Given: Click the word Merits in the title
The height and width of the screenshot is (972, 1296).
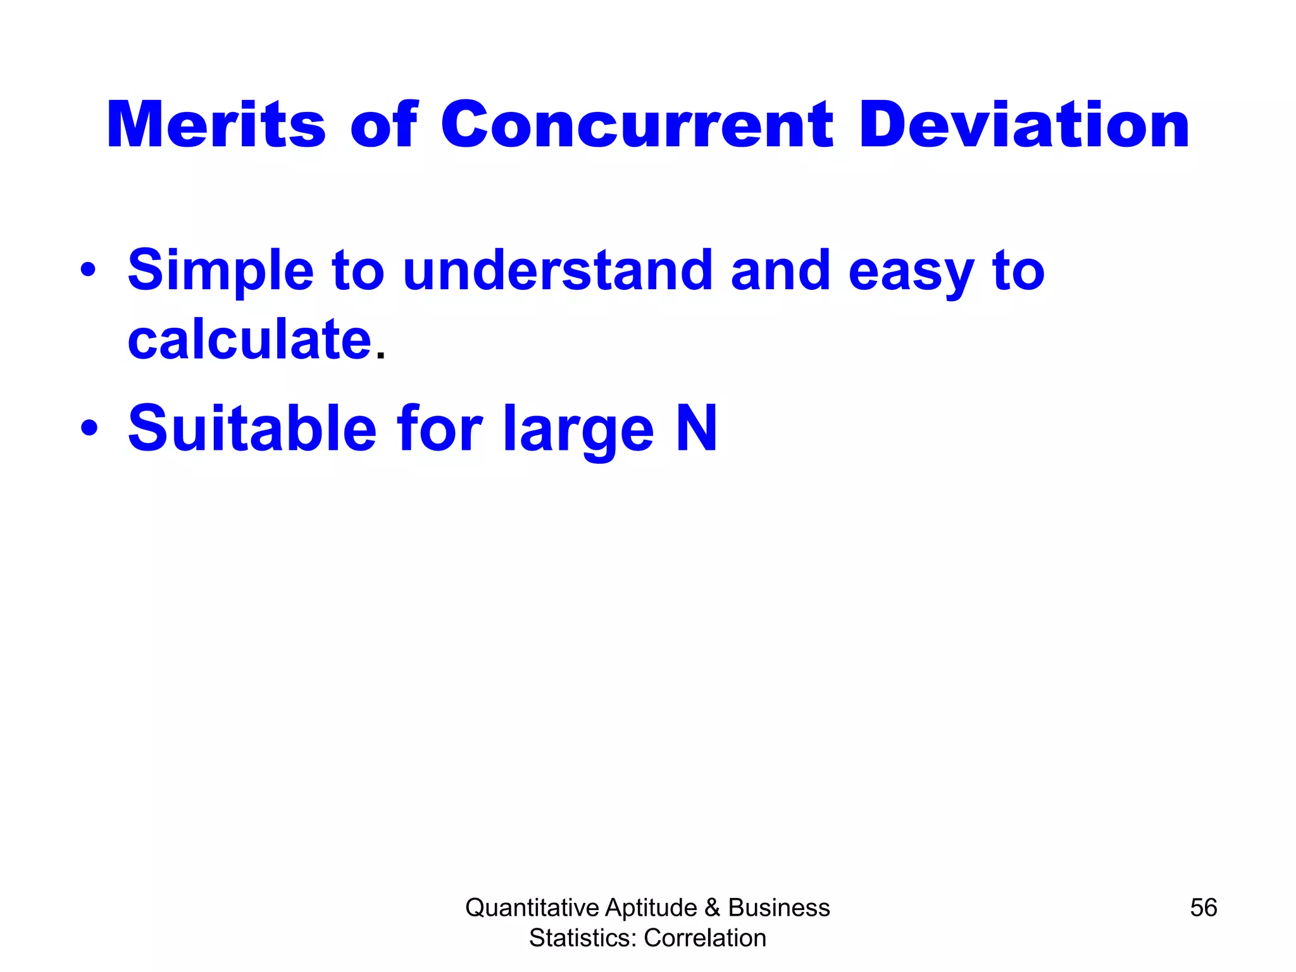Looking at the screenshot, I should click(216, 125).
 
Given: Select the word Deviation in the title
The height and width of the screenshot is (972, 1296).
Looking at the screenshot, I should click(1025, 125).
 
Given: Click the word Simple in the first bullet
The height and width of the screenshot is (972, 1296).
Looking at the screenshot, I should click(221, 271).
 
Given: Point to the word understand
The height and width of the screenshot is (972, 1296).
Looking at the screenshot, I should click(557, 270).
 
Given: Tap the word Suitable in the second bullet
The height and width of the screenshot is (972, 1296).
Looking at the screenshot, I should click(252, 428).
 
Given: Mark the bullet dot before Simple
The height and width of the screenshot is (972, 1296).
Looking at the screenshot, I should click(89, 271).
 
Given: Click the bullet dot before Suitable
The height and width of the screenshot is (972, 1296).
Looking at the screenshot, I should click(89, 428).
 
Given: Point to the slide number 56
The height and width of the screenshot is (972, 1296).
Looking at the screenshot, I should click(1203, 907).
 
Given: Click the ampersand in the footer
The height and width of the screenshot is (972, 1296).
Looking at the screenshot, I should click(712, 907).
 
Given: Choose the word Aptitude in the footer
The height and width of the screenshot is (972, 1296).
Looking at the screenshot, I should click(651, 907).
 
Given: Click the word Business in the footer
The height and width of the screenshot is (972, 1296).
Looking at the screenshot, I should click(779, 907).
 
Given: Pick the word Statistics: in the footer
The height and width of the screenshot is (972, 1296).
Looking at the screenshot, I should click(583, 938).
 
